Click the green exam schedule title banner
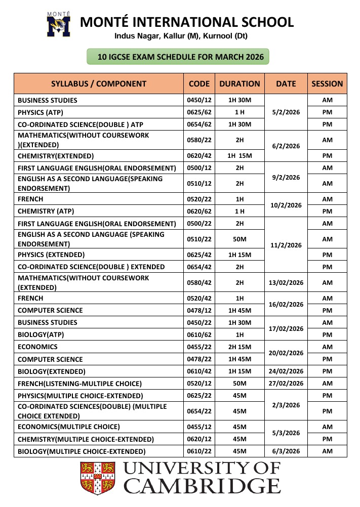click(x=178, y=57)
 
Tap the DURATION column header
click(x=239, y=84)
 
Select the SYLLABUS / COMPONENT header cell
click(x=99, y=84)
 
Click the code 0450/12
click(x=199, y=100)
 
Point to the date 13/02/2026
click(x=286, y=282)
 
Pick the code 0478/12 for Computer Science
click(x=199, y=310)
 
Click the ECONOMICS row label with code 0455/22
click(x=37, y=347)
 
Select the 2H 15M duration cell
click(x=239, y=347)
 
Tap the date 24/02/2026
click(x=286, y=371)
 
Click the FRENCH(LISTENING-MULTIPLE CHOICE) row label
click(x=79, y=384)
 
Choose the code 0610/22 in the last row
click(x=199, y=451)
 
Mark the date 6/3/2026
click(x=286, y=451)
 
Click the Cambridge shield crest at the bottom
click(x=97, y=478)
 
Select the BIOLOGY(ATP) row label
click(x=41, y=334)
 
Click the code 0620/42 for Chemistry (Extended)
click(x=199, y=156)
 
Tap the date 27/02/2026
click(x=286, y=384)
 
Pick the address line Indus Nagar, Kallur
click(x=181, y=36)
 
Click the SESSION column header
click(x=327, y=84)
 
